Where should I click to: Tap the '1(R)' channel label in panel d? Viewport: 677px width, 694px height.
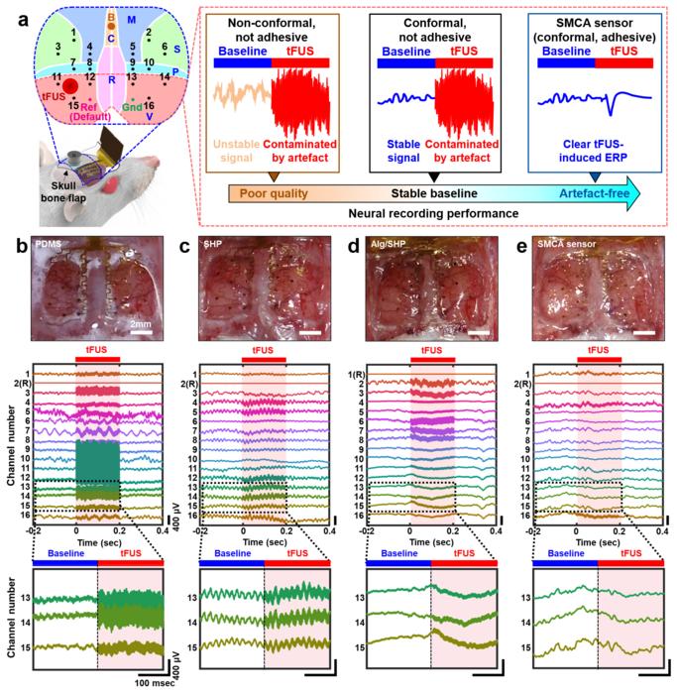pyautogui.click(x=355, y=373)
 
